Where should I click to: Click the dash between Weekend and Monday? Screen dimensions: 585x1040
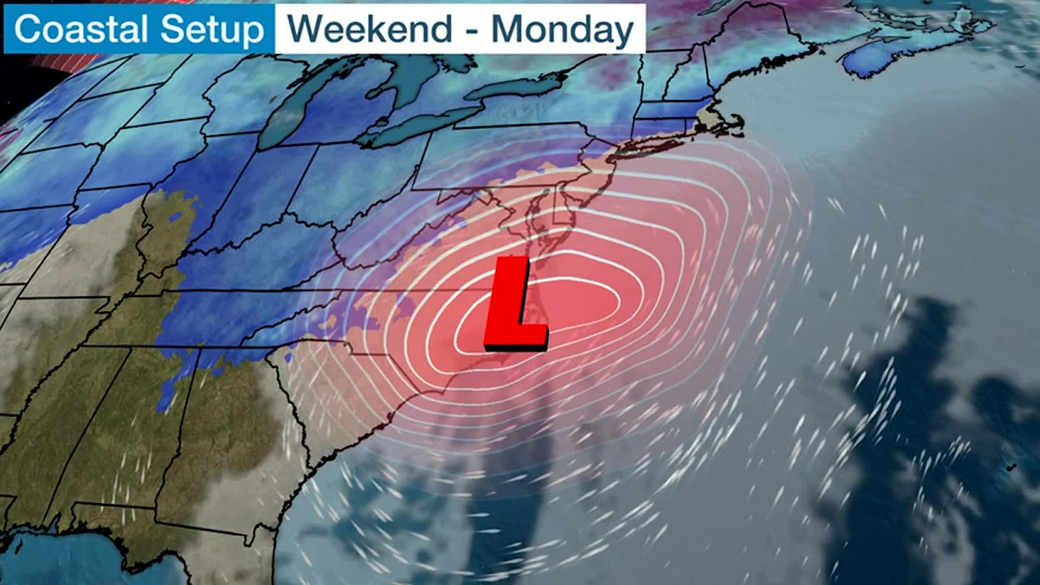pyautogui.click(x=472, y=30)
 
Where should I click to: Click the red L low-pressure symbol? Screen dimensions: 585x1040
pyautogui.click(x=515, y=303)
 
